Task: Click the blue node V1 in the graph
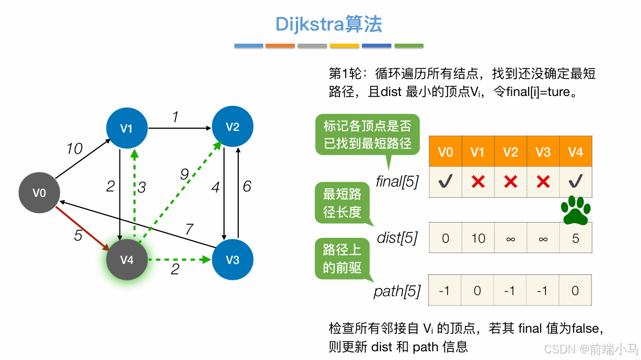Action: pyautogui.click(x=126, y=129)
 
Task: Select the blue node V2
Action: pyautogui.click(x=233, y=127)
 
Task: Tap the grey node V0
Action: pyautogui.click(x=39, y=193)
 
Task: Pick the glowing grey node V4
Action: pyautogui.click(x=127, y=260)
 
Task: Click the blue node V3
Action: pyautogui.click(x=233, y=260)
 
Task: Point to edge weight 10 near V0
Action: pyautogui.click(x=74, y=148)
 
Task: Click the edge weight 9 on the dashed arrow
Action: pyautogui.click(x=185, y=174)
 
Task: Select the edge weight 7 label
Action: pyautogui.click(x=189, y=230)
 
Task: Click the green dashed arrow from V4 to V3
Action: pyautogui.click(x=180, y=260)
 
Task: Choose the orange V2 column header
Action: pyautogui.click(x=510, y=152)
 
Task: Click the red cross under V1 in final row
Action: pyautogui.click(x=478, y=182)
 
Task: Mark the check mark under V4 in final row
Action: pyautogui.click(x=576, y=182)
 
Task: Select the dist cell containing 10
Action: pyautogui.click(x=478, y=238)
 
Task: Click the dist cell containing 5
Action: pyautogui.click(x=576, y=238)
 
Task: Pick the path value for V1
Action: pyautogui.click(x=477, y=291)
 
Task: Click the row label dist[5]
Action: pyautogui.click(x=397, y=238)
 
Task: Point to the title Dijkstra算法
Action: pyautogui.click(x=329, y=24)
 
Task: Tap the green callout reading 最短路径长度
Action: pyautogui.click(x=342, y=203)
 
